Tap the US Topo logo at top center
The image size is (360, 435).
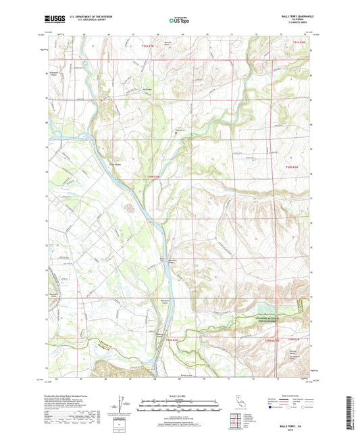[x=179, y=21]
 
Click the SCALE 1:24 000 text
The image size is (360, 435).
[x=180, y=395]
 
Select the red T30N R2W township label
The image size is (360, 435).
[x=290, y=167]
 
